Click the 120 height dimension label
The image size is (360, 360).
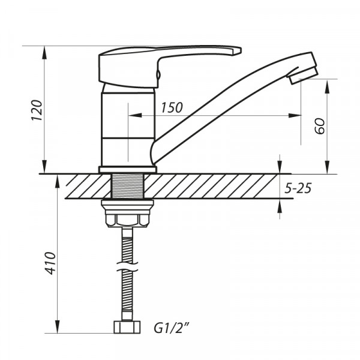(x=36, y=110)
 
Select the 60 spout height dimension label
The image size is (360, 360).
(x=319, y=127)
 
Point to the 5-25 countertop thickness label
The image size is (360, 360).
(x=298, y=188)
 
